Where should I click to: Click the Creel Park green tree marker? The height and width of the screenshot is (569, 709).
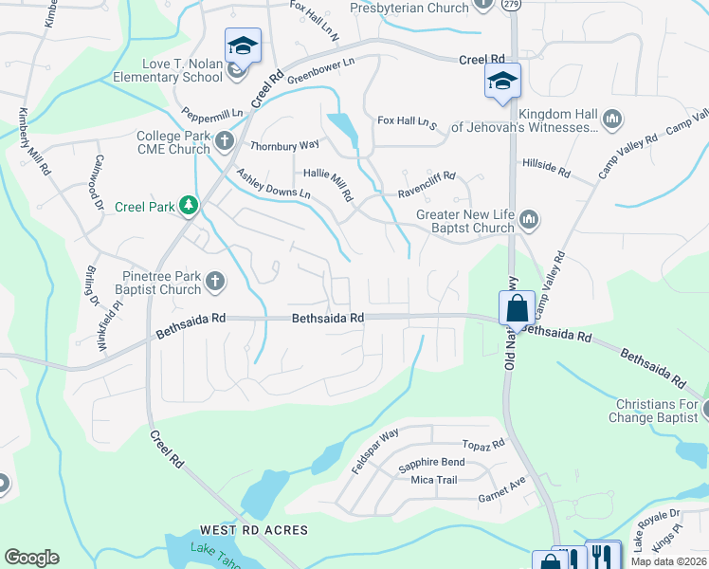pyautogui.click(x=189, y=206)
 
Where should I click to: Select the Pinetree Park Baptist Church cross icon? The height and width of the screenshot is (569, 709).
pyautogui.click(x=215, y=281)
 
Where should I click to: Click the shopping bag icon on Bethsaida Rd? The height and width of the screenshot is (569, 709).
pyautogui.click(x=517, y=308)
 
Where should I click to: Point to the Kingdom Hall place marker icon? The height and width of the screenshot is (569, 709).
pyautogui.click(x=611, y=119)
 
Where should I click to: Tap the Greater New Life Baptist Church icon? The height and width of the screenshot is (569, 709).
pyautogui.click(x=529, y=221)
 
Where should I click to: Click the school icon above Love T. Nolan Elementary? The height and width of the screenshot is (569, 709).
pyautogui.click(x=242, y=46)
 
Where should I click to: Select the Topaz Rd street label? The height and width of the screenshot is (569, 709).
pyautogui.click(x=484, y=445)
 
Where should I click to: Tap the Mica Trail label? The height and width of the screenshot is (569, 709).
pyautogui.click(x=434, y=480)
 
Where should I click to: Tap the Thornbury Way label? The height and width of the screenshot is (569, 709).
pyautogui.click(x=284, y=146)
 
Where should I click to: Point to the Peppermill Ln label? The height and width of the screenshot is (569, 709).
pyautogui.click(x=213, y=112)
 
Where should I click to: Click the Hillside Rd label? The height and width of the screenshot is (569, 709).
pyautogui.click(x=546, y=169)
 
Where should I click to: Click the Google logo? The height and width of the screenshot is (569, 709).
pyautogui.click(x=31, y=558)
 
